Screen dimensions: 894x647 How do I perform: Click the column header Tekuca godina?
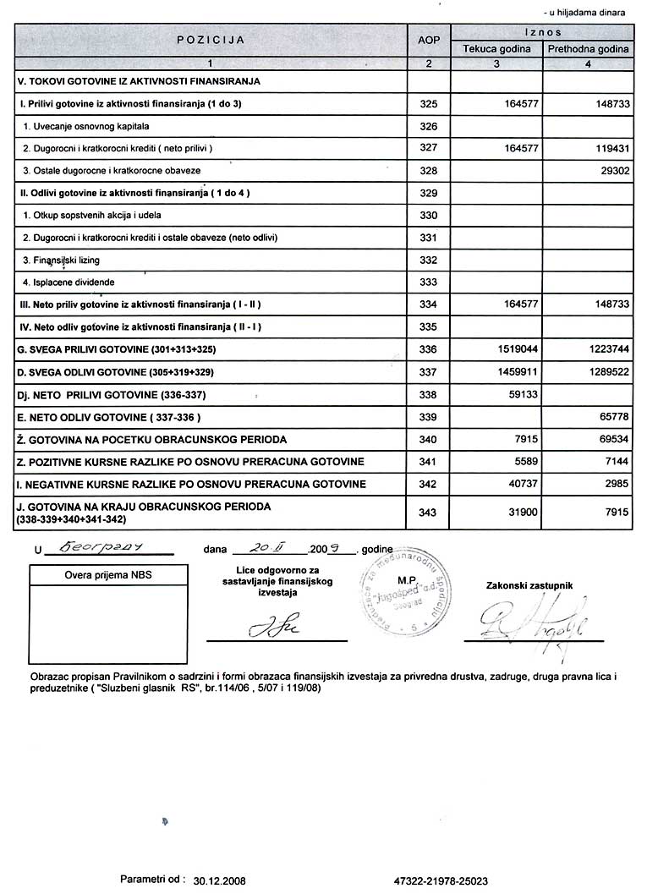(x=496, y=49)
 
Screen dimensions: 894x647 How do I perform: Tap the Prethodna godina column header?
(x=588, y=49)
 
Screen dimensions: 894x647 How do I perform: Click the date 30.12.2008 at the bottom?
(x=219, y=880)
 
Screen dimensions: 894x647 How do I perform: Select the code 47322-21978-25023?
(x=452, y=880)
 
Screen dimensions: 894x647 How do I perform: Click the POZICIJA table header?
(x=211, y=40)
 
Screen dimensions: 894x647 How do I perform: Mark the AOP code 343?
(x=429, y=512)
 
